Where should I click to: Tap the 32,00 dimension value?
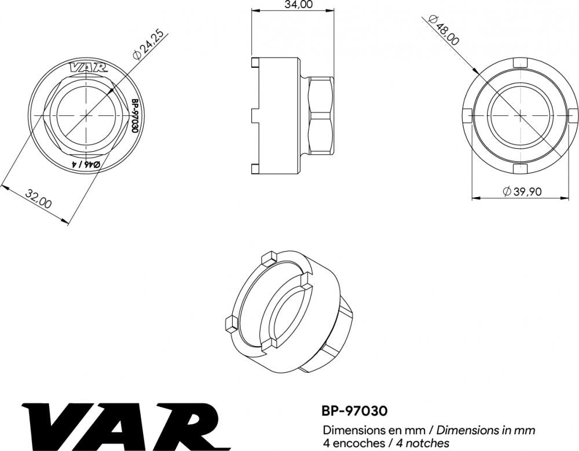38,198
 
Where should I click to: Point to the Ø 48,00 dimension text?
444,30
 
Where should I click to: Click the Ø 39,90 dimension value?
522,191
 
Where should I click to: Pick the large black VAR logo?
126,425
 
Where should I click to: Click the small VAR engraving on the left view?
89,68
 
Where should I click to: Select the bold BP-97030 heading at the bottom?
355,410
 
